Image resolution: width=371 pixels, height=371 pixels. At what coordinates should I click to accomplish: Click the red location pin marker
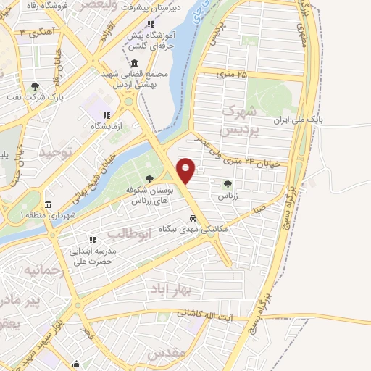pyautogui.click(x=186, y=170)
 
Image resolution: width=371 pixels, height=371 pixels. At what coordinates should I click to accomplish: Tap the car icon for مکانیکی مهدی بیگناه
pyautogui.click(x=193, y=217)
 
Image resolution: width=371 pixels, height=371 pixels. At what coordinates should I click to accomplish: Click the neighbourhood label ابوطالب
pyautogui.click(x=130, y=235)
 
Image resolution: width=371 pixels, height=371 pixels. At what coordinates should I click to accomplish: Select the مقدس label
pyautogui.click(x=167, y=353)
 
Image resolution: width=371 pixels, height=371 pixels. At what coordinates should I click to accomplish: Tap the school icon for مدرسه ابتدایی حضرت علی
pyautogui.click(x=93, y=239)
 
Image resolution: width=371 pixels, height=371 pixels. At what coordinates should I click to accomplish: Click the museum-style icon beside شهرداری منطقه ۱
pyautogui.click(x=48, y=204)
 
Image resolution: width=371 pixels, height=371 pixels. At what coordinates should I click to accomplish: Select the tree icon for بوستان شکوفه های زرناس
pyautogui.click(x=149, y=179)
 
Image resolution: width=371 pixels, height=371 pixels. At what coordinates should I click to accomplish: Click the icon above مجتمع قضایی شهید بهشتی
pyautogui.click(x=135, y=62)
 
